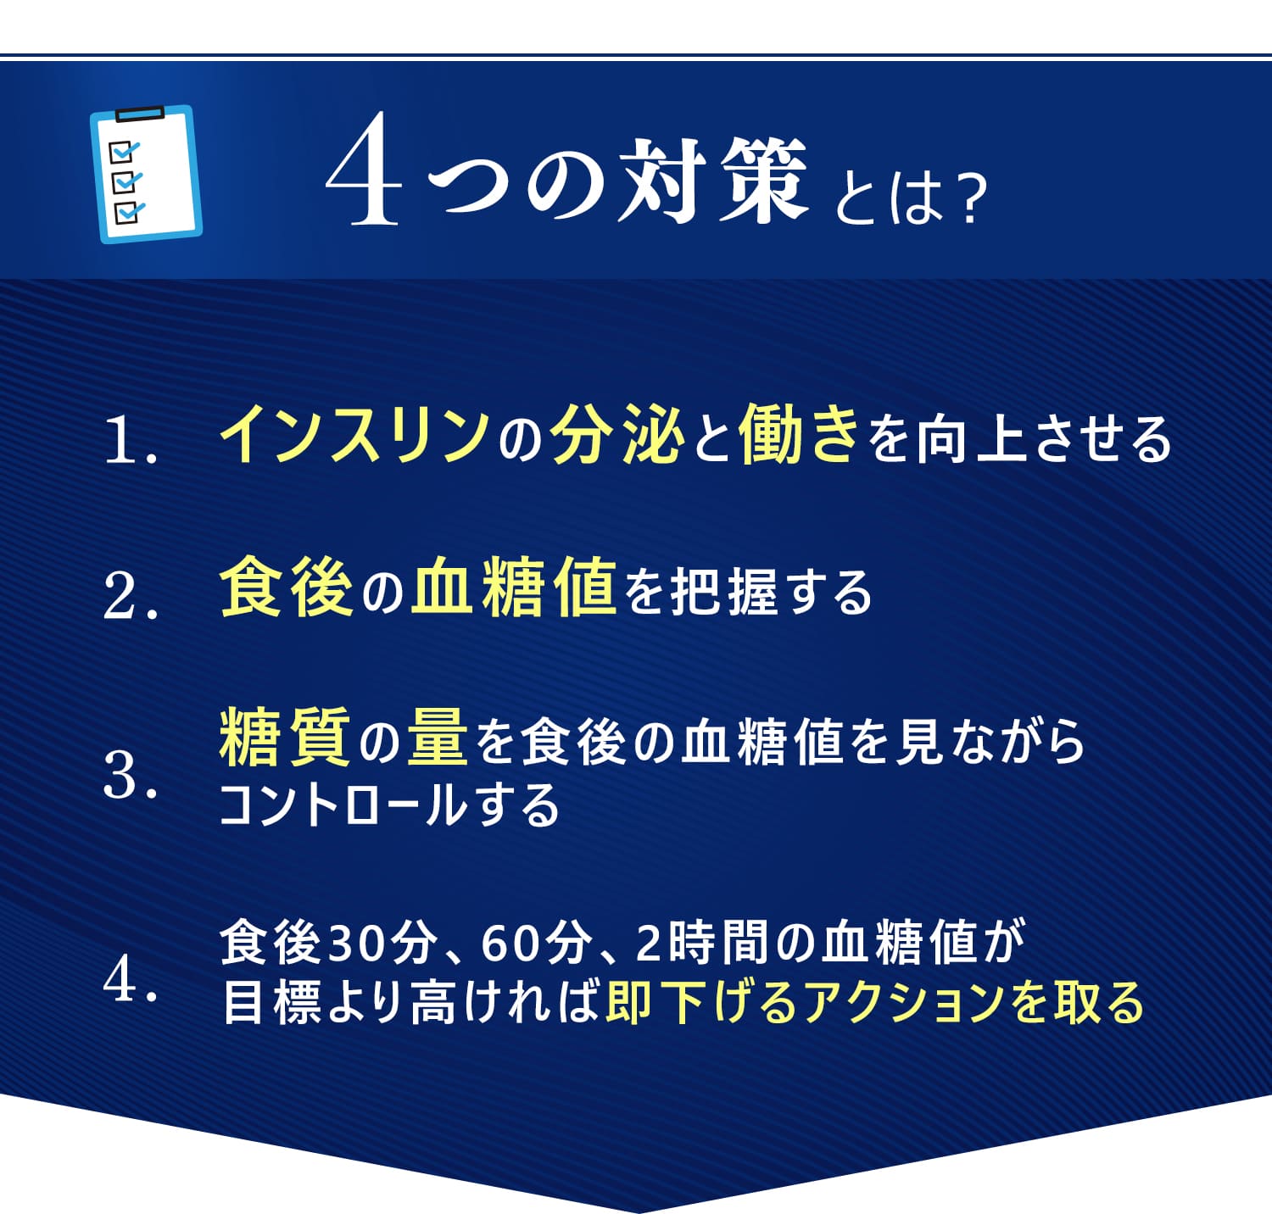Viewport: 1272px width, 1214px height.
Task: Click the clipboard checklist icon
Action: click(x=146, y=174)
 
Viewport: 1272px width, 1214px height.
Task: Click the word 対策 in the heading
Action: click(x=713, y=181)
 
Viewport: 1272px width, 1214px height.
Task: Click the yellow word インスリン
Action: click(x=355, y=433)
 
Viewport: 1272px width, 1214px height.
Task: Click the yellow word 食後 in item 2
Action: click(x=286, y=587)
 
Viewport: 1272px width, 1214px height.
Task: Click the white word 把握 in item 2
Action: click(x=723, y=591)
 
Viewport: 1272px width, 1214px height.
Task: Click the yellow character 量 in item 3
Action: click(x=438, y=738)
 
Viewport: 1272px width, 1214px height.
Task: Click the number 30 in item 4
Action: click(x=353, y=943)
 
